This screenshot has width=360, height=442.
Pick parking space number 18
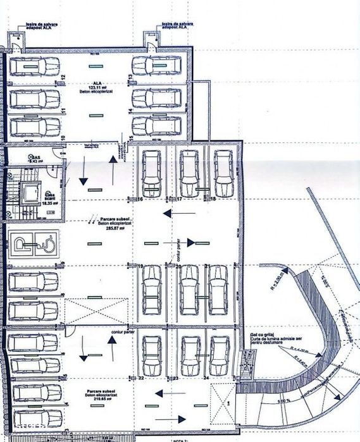click(213, 199)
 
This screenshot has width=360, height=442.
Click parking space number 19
click(140, 267)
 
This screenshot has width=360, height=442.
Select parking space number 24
click(206, 378)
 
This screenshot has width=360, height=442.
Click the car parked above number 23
click(189, 355)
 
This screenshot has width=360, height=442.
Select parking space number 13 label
click(129, 77)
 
